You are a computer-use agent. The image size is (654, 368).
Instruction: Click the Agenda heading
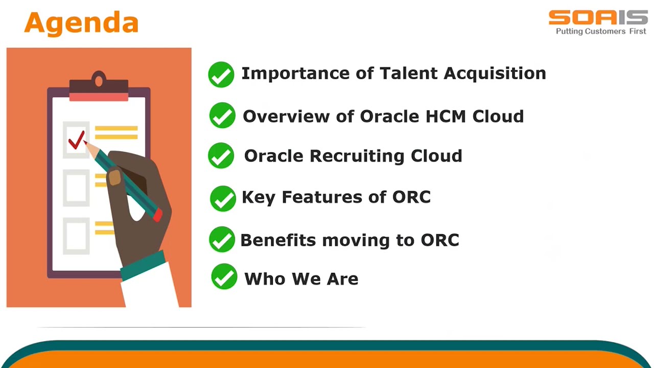point(81,23)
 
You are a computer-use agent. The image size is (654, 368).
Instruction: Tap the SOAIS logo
point(598,17)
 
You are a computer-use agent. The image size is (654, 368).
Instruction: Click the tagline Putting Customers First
point(601,32)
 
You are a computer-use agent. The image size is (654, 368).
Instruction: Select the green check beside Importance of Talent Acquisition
point(221,75)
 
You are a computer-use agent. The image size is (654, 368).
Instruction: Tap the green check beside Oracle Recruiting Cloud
point(221,155)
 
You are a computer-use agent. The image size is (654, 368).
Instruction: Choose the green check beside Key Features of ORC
point(223,198)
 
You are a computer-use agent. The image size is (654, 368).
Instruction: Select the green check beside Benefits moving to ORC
point(222,240)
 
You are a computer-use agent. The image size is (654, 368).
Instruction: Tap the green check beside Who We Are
point(224,277)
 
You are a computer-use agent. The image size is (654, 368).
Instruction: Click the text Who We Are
point(301,279)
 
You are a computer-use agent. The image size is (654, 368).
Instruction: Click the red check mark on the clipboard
point(77,140)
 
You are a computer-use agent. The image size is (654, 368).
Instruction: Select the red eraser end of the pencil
point(157,215)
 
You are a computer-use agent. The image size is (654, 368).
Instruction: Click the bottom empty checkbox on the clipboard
point(76,236)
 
